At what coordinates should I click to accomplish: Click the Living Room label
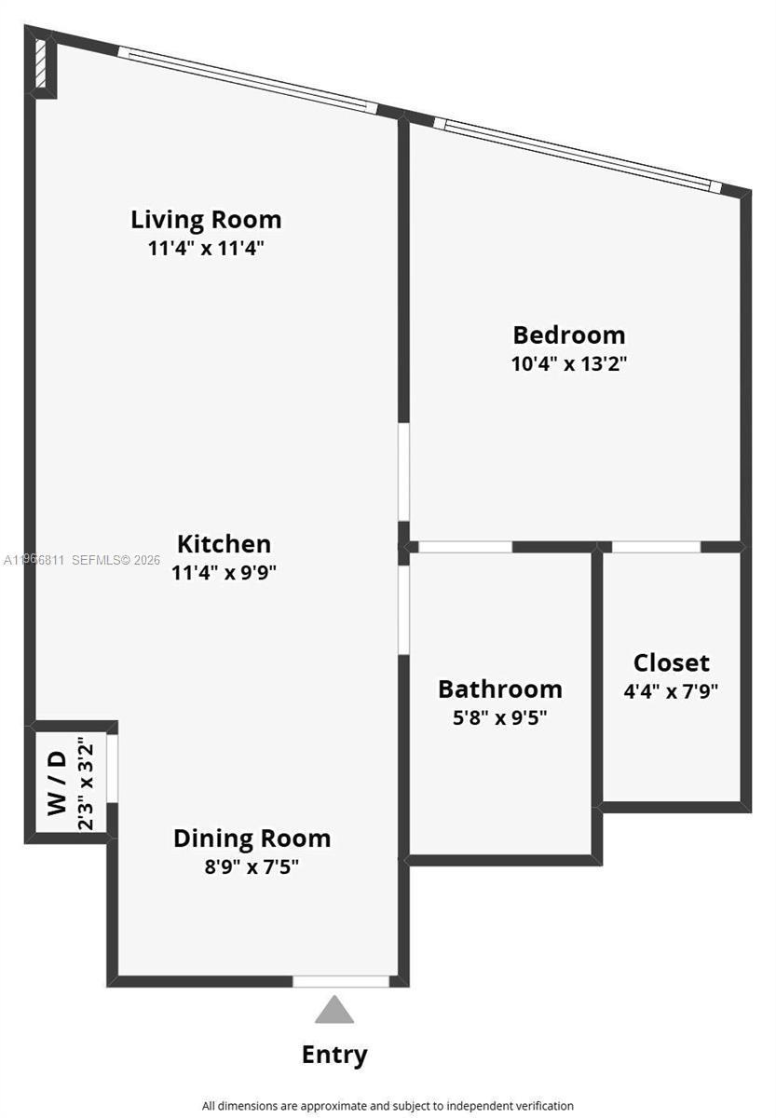pyautogui.click(x=206, y=220)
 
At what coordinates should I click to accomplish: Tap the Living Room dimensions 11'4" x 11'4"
pyautogui.click(x=206, y=249)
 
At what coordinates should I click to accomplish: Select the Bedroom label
pyautogui.click(x=568, y=334)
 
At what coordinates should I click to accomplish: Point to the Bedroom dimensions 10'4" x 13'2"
pyautogui.click(x=568, y=363)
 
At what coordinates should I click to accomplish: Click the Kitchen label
pyautogui.click(x=225, y=544)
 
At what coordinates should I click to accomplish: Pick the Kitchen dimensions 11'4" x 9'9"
pyautogui.click(x=225, y=572)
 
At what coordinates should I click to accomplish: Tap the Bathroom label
pyautogui.click(x=500, y=689)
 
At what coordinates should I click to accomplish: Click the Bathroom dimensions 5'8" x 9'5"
pyautogui.click(x=500, y=718)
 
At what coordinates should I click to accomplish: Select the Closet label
pyautogui.click(x=671, y=663)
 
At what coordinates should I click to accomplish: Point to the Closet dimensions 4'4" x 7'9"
pyautogui.click(x=671, y=691)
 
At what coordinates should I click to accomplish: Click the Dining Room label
pyautogui.click(x=252, y=838)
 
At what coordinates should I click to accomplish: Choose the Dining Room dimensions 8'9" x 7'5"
pyautogui.click(x=252, y=866)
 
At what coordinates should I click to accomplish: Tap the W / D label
pyautogui.click(x=58, y=783)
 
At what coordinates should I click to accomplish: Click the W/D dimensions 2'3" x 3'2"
pyautogui.click(x=86, y=783)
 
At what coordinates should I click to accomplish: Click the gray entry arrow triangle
pyautogui.click(x=334, y=1011)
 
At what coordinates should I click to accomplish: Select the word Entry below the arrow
pyautogui.click(x=334, y=1055)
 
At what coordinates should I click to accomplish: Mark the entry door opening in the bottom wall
pyautogui.click(x=341, y=981)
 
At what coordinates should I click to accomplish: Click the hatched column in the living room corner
pyautogui.click(x=41, y=63)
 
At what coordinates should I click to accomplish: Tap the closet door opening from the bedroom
pyautogui.click(x=656, y=547)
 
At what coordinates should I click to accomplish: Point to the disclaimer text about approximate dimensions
pyautogui.click(x=388, y=1106)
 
